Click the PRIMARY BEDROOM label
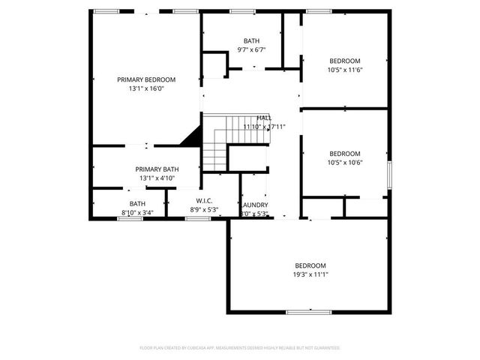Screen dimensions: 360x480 tap(145, 79)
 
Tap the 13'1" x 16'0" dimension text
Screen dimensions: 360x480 tap(145, 88)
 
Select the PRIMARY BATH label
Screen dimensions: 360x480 tap(157, 169)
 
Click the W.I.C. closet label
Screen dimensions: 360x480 tap(205, 200)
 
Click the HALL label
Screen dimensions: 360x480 tap(264, 118)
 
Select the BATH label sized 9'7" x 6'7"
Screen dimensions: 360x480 tap(251, 40)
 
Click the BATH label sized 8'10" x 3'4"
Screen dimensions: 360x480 tap(137, 203)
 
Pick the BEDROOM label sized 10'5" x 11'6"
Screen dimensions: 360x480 tap(345, 61)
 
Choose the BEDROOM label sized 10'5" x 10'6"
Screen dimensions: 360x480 tap(345, 153)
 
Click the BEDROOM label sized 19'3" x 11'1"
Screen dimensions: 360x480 tap(310, 265)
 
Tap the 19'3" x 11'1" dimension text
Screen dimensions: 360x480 tap(310, 274)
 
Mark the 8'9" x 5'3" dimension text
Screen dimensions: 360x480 tap(205, 210)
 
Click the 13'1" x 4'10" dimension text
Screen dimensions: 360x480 tap(157, 178)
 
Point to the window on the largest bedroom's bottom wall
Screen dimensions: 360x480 tap(308, 312)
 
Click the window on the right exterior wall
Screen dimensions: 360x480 tap(389, 174)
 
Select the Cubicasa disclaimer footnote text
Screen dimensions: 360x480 tap(240, 348)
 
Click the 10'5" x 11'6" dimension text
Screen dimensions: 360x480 tap(345, 70)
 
